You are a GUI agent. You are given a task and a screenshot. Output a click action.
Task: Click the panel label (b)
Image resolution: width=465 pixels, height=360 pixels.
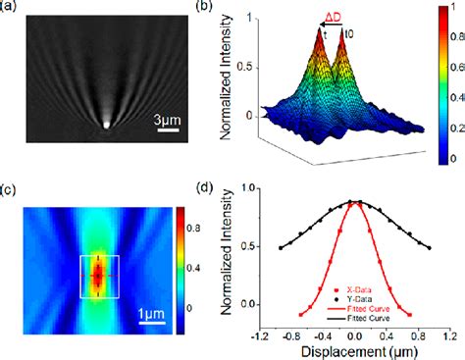click(x=231, y=9)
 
